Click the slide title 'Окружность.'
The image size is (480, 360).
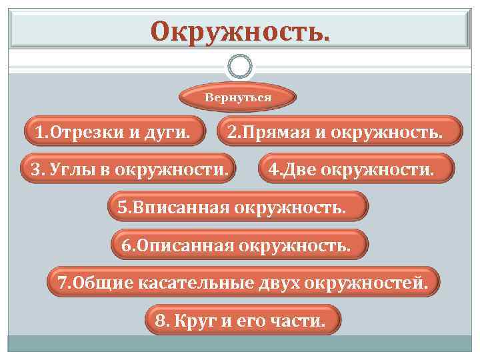click(239, 30)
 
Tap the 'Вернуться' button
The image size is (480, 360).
click(238, 98)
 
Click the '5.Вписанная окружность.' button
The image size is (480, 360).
click(237, 207)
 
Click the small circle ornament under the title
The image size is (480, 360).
click(240, 67)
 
